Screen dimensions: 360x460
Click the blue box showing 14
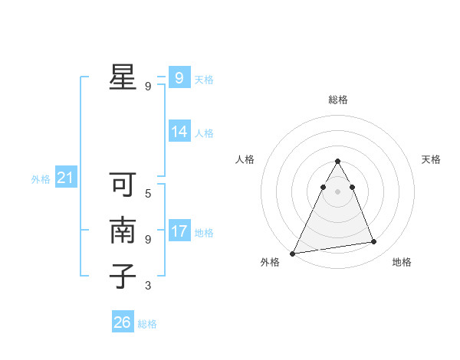(x=179, y=132)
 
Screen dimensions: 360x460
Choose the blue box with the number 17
(x=179, y=231)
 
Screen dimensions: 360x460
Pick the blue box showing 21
(x=65, y=178)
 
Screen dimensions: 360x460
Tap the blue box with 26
(x=122, y=322)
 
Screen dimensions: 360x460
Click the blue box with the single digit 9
(x=179, y=78)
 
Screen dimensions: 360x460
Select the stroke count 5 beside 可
(x=148, y=194)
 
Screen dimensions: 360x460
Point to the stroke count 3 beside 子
(x=148, y=286)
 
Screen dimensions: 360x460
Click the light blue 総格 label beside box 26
(x=147, y=324)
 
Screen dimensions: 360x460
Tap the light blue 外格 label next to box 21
(x=41, y=179)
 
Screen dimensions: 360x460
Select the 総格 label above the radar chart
(x=337, y=100)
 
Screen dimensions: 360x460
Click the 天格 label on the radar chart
(x=431, y=159)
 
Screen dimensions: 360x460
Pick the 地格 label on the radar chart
(x=402, y=262)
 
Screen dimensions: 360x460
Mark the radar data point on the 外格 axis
(x=293, y=254)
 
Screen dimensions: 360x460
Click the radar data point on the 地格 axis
(x=374, y=242)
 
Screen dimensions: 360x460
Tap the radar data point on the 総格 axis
(x=337, y=161)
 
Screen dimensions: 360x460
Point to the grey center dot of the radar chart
(x=337, y=191)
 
